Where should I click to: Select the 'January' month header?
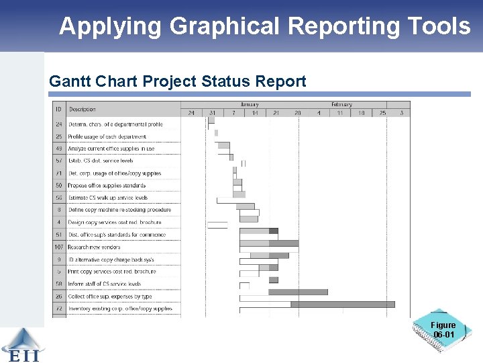pyautogui.click(x=249, y=104)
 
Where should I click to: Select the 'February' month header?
pyautogui.click(x=341, y=104)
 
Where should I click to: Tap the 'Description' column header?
pyautogui.click(x=83, y=109)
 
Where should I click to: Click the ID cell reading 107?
pyautogui.click(x=59, y=247)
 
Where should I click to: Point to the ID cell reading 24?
pyautogui.click(x=59, y=124)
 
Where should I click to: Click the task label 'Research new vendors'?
pyautogui.click(x=94, y=247)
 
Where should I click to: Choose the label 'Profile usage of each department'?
pyautogui.click(x=107, y=136)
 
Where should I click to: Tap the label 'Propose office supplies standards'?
pyautogui.click(x=106, y=186)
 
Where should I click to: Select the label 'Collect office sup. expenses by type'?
pyautogui.click(x=109, y=296)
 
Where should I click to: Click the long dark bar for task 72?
pyautogui.click(x=342, y=305)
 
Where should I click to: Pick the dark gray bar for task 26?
pyautogui.click(x=298, y=292)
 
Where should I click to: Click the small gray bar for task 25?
pyautogui.click(x=216, y=133)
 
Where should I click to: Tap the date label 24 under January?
pyautogui.click(x=191, y=113)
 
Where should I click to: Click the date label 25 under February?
pyautogui.click(x=382, y=113)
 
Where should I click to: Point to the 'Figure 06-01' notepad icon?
pyautogui.click(x=443, y=331)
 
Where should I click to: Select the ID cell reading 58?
pyautogui.click(x=59, y=284)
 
